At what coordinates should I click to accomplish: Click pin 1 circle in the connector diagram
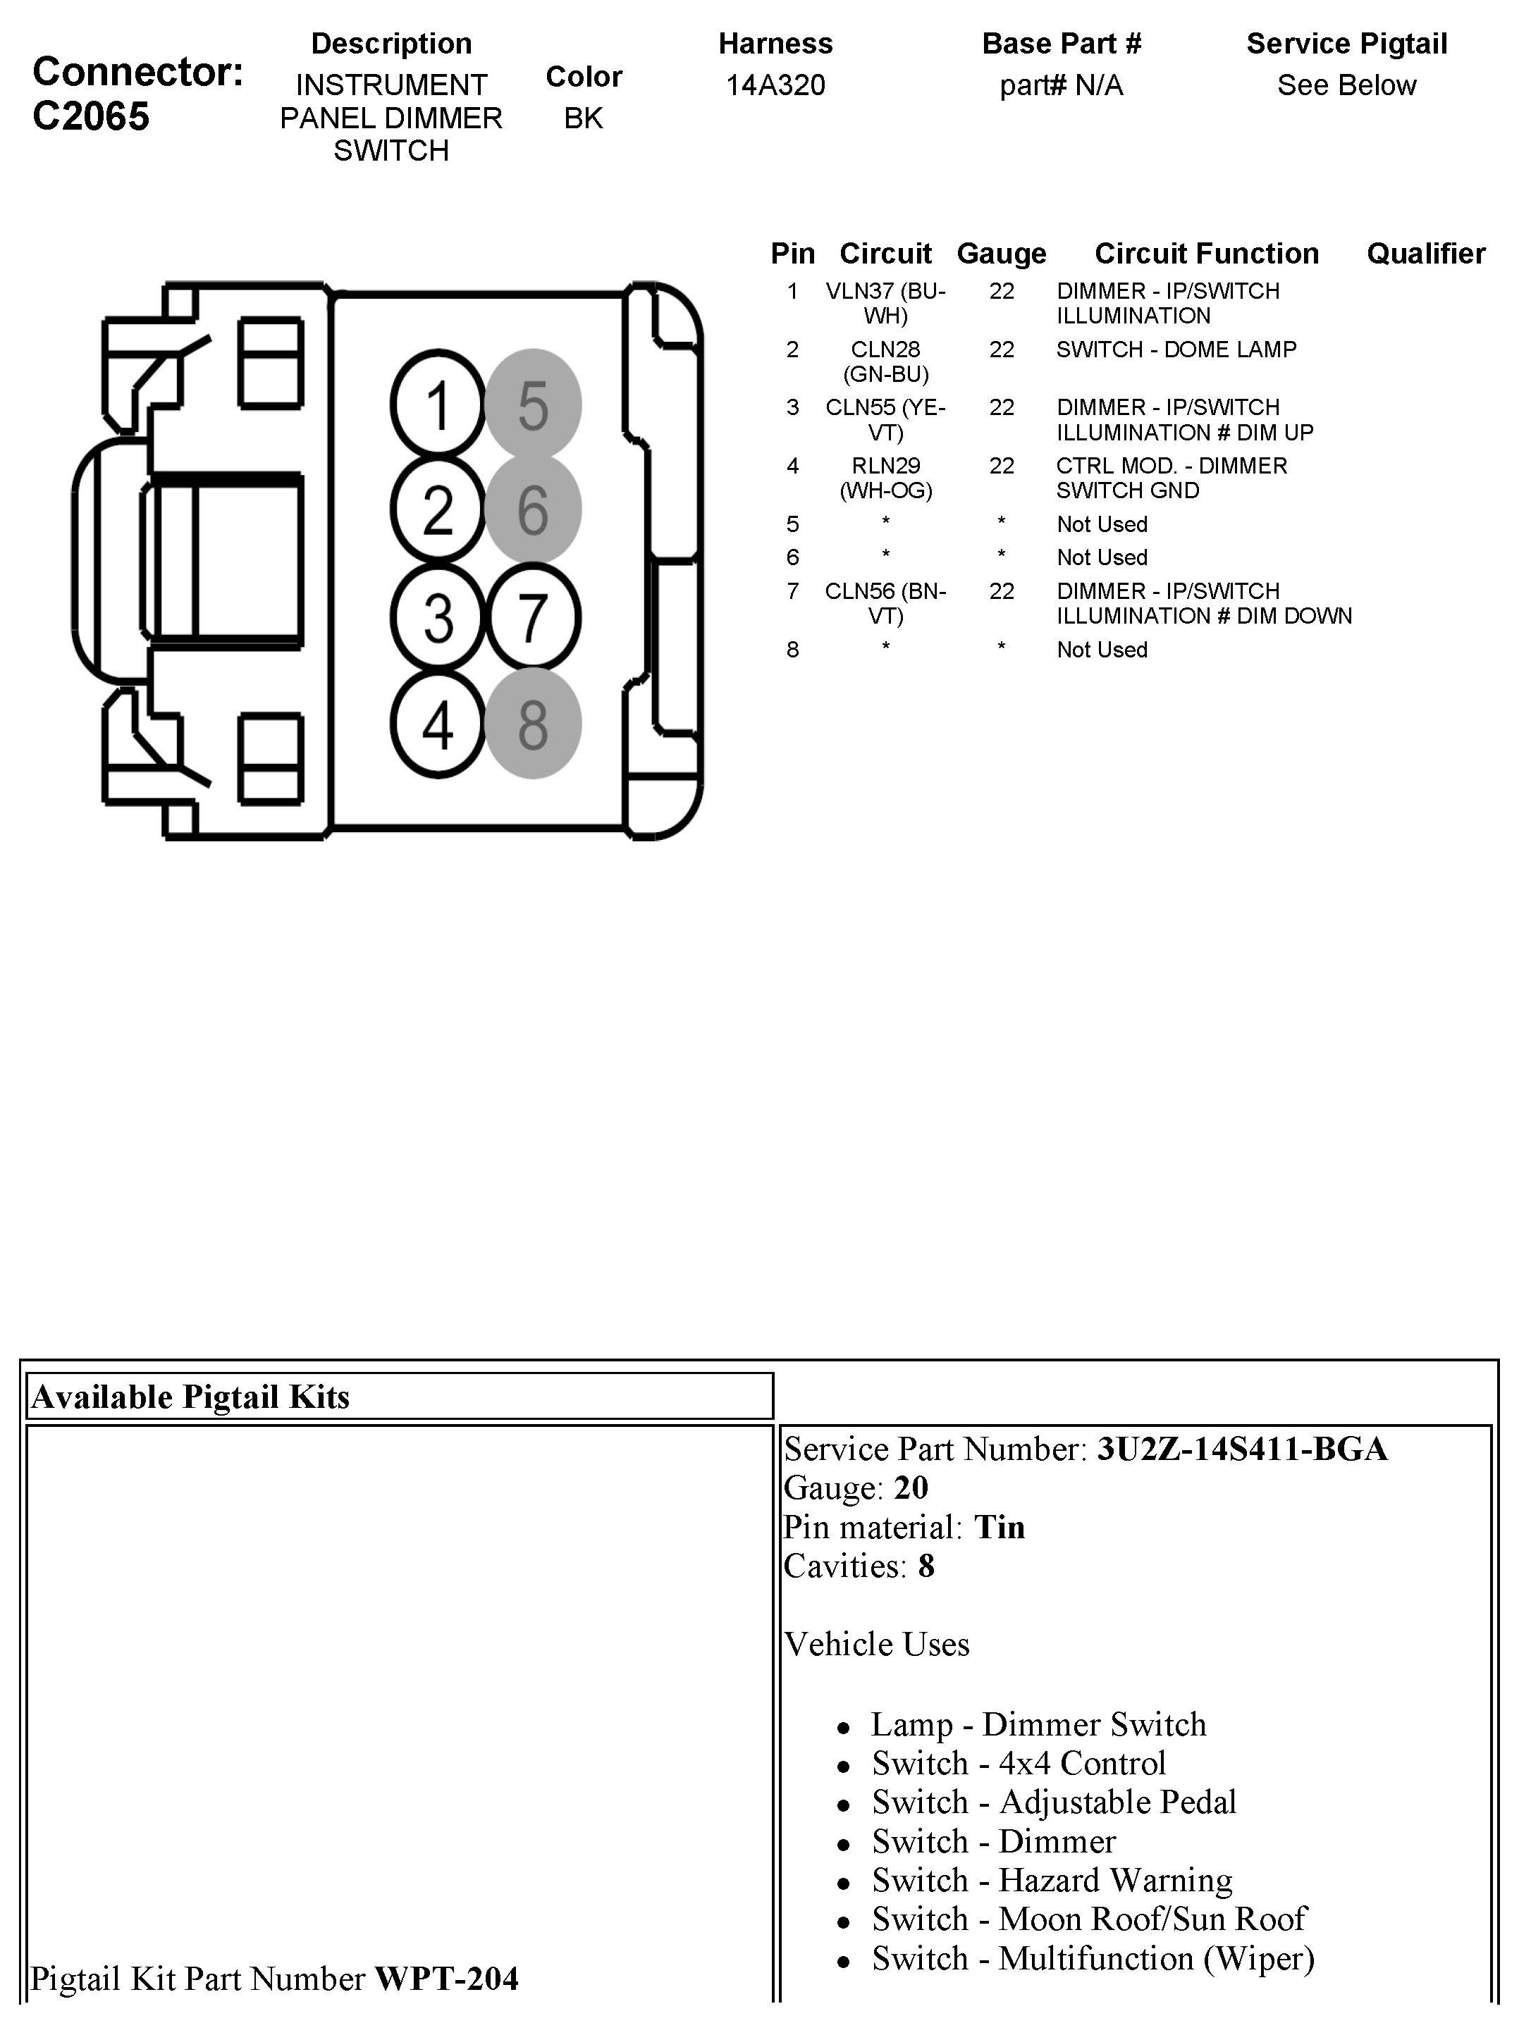point(438,404)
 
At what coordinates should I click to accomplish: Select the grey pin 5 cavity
point(533,404)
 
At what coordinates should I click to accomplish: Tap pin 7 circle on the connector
point(533,617)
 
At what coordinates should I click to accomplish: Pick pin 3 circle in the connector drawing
point(438,617)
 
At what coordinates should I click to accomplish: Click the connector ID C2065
point(90,117)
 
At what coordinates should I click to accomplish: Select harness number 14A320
point(775,85)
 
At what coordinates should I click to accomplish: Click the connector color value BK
point(584,118)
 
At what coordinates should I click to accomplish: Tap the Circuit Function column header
point(1205,254)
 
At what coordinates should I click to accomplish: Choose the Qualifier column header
point(1425,254)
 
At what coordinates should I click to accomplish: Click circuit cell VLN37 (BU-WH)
point(885,304)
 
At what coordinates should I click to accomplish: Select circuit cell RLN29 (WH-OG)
point(885,478)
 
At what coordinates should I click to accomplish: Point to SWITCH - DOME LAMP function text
point(1176,350)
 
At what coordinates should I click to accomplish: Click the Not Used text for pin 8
point(1101,650)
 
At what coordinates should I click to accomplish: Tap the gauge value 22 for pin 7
point(1001,592)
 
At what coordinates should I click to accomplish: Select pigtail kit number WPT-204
point(446,1979)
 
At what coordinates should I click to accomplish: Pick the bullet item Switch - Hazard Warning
point(1052,1881)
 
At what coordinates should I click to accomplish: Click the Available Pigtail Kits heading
point(190,1397)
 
